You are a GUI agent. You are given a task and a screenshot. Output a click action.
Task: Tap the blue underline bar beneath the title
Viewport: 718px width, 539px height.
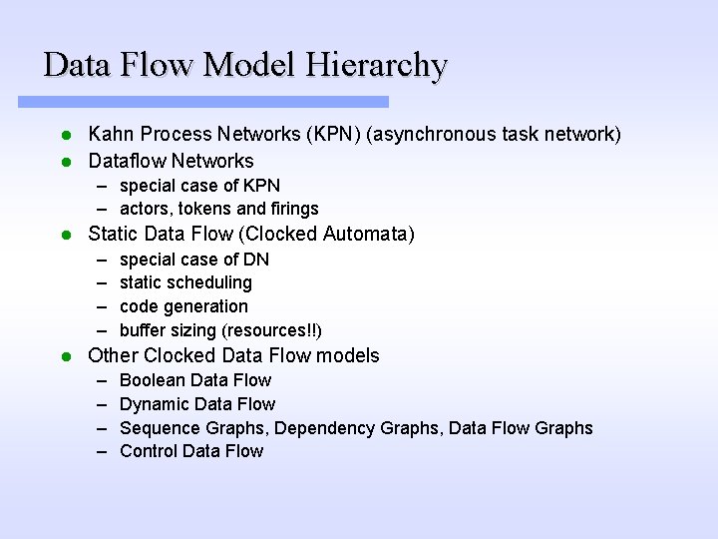coord(203,102)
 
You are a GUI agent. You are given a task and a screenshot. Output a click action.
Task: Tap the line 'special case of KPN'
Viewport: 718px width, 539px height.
coord(199,186)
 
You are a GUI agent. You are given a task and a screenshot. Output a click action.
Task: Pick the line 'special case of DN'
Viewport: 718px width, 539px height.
coord(193,260)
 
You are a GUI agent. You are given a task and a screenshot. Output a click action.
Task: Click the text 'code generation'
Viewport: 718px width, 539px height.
coord(183,306)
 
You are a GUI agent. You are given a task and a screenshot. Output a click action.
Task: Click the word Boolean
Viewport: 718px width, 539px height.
coord(153,380)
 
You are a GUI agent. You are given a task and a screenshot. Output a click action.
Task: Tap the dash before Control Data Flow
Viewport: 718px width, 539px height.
coord(104,451)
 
